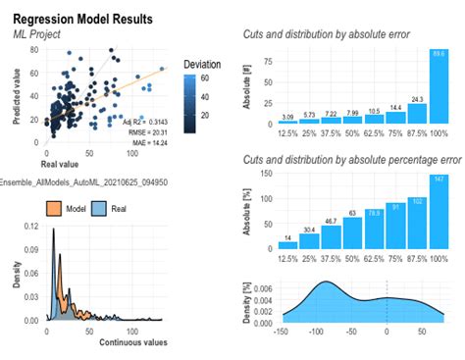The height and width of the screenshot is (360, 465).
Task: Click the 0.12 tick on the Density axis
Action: (28, 228)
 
